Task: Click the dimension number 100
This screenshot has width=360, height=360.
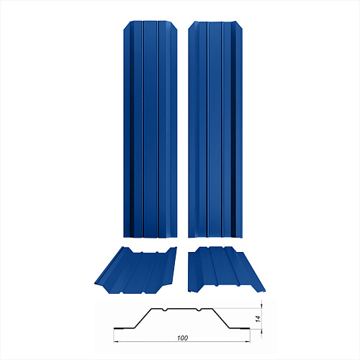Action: coord(182,338)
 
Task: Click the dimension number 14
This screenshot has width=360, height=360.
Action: coord(258,319)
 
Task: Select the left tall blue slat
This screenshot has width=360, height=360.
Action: coord(150,130)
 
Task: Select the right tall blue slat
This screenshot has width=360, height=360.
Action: coord(215,130)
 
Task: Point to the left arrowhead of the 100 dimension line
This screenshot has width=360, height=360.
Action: coord(116,341)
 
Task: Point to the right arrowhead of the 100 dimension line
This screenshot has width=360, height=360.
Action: coord(248,341)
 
